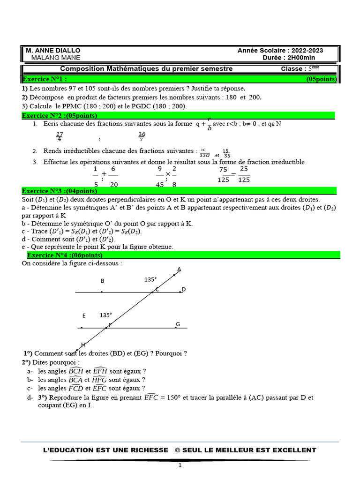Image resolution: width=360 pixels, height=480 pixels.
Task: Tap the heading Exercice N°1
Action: coord(45,79)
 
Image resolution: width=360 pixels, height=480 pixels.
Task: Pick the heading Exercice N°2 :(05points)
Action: coord(60,115)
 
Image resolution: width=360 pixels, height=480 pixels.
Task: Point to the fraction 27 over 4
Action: coord(59,136)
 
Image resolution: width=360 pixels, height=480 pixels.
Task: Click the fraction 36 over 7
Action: coord(142,136)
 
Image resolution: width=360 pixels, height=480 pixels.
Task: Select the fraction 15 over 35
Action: coord(226,153)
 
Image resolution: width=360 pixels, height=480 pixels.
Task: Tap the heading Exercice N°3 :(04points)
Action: coord(60,191)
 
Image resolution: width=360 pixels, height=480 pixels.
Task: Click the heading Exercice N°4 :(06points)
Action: coord(65,255)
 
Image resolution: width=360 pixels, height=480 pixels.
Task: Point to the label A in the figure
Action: coord(179,270)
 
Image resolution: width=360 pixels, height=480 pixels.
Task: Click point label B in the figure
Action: coord(103,281)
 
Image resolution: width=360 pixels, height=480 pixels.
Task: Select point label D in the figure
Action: coord(184,290)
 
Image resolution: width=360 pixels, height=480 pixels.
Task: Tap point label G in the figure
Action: coord(178,324)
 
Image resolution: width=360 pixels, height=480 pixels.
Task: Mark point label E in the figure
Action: coord(84,316)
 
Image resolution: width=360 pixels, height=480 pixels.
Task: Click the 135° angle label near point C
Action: coord(150,279)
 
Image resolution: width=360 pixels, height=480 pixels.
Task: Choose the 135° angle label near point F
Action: coord(105,315)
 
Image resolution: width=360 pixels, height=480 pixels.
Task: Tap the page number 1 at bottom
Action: coord(180,465)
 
